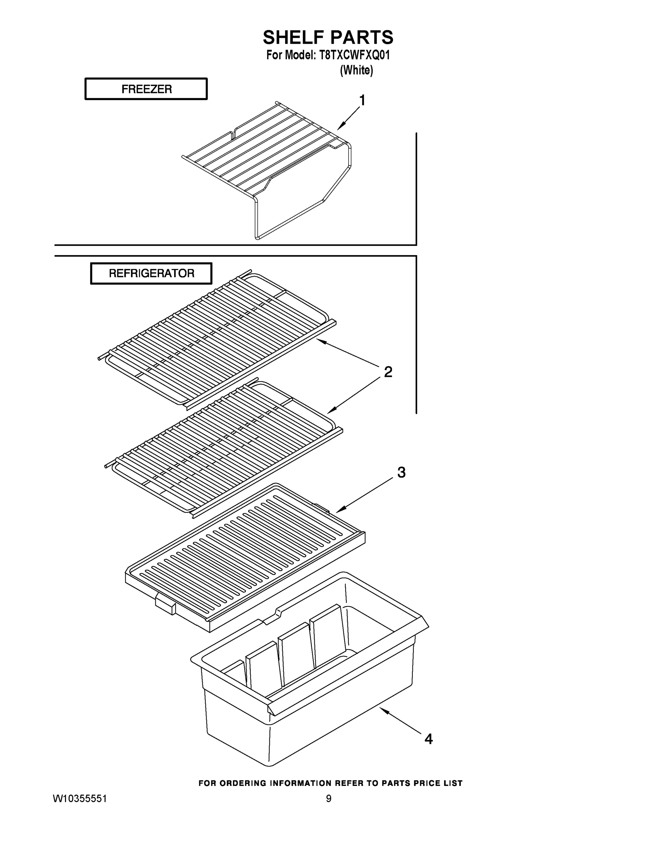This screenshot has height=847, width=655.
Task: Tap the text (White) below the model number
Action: click(356, 70)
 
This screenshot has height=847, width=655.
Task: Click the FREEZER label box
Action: click(146, 89)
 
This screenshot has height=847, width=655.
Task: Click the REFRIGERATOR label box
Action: click(151, 274)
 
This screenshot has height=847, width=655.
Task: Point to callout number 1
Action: click(362, 101)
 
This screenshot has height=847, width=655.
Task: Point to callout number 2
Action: click(388, 372)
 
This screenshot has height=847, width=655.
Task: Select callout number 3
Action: click(401, 472)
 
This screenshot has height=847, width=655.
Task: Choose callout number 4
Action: click(428, 739)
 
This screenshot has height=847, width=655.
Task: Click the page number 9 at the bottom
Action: click(328, 798)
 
